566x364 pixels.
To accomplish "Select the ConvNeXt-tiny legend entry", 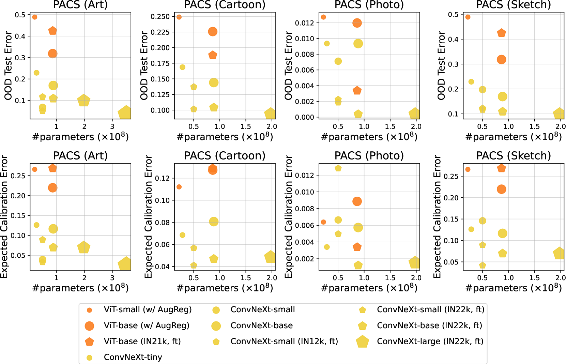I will (133, 357).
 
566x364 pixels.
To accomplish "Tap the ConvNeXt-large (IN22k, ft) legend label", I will (430, 341).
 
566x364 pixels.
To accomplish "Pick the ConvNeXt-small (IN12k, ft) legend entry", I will (284, 341).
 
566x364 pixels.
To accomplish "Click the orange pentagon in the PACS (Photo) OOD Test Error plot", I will (357, 90).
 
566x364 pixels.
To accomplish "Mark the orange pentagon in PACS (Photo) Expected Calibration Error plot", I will (357, 247).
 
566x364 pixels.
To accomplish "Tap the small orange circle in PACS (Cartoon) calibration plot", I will (179, 187).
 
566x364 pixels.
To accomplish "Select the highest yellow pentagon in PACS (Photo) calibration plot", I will (338, 168).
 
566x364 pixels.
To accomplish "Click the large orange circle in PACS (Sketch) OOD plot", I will (501, 59).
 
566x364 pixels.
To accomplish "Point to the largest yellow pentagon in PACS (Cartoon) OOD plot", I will (270, 113).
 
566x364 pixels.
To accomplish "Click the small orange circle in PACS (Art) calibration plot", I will (34, 169).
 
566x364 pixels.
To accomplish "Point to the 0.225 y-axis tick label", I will (160, 32).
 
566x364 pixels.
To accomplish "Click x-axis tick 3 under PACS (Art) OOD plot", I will (112, 126).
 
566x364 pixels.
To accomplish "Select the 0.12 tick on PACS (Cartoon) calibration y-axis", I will (162, 178).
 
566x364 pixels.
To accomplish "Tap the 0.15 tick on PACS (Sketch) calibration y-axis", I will (451, 219).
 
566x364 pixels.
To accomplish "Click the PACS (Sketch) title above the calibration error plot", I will (513, 156).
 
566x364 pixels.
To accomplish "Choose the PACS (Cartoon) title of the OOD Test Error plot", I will (225, 5).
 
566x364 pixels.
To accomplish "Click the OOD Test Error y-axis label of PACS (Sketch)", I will (441, 65).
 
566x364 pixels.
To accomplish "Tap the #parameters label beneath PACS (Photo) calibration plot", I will (369, 288).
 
